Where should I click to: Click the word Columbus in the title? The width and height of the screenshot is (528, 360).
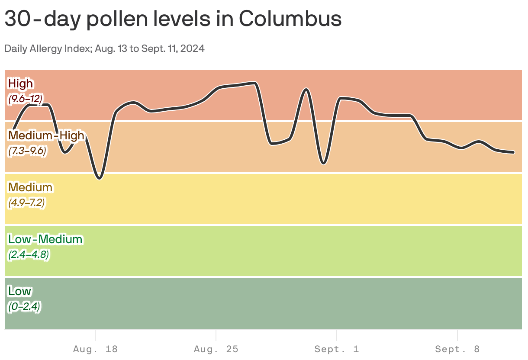(290, 19)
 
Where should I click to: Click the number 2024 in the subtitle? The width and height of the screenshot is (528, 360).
(193, 48)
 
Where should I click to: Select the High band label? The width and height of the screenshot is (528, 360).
(21, 83)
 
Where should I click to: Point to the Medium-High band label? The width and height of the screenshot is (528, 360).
(46, 135)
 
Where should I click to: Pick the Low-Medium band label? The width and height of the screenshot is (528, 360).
(45, 239)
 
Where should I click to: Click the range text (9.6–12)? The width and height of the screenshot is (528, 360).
(26, 99)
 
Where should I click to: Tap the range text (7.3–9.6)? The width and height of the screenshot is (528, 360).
(27, 151)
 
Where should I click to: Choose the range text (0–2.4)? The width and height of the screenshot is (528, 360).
(24, 307)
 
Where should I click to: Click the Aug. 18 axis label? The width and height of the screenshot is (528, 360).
(95, 349)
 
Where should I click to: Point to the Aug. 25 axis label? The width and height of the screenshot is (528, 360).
(216, 349)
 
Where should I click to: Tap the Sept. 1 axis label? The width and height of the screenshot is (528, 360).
(337, 349)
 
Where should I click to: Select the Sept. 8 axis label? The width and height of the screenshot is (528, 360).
(457, 349)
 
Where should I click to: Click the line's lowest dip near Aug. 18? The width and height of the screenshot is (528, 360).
(100, 178)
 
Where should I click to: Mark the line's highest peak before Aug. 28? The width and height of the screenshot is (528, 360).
(254, 82)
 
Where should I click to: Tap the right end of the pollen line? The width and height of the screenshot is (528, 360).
(513, 152)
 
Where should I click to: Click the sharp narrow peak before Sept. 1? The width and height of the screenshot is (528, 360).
(306, 89)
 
